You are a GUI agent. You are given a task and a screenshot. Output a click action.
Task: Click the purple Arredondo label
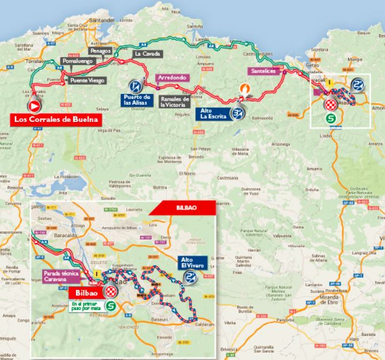click(172, 77)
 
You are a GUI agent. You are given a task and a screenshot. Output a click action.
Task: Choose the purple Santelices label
click(264, 71)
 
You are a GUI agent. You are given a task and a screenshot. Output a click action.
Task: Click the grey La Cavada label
click(147, 54)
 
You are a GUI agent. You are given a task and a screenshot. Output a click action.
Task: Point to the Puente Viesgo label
click(87, 81)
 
